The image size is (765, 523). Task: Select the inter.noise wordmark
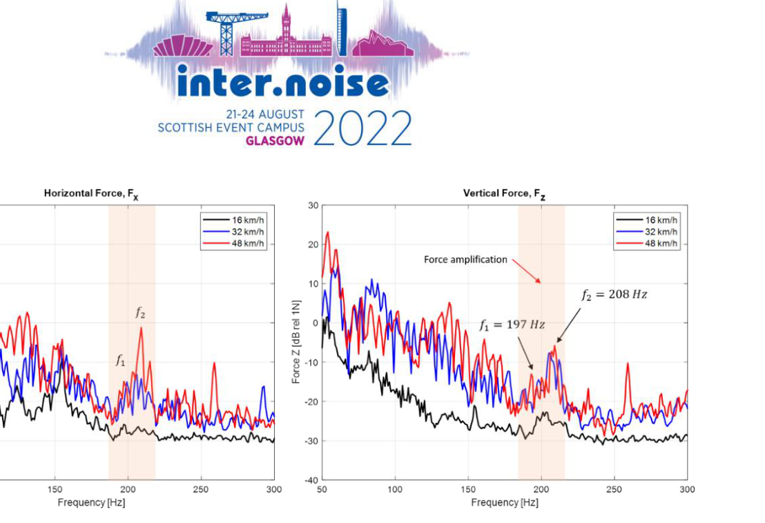pyautogui.click(x=283, y=83)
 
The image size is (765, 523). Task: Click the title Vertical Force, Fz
pyautogui.click(x=504, y=194)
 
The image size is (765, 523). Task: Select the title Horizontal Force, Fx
pyautogui.click(x=91, y=194)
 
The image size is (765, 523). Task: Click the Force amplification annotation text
pyautogui.click(x=465, y=260)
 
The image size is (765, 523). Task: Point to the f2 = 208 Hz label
pyautogui.click(x=614, y=295)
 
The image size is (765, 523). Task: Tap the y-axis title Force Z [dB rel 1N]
pyautogui.click(x=296, y=342)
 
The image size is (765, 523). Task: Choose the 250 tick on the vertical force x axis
pyautogui.click(x=614, y=491)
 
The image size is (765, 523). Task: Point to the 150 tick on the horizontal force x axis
pyautogui.click(x=55, y=491)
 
